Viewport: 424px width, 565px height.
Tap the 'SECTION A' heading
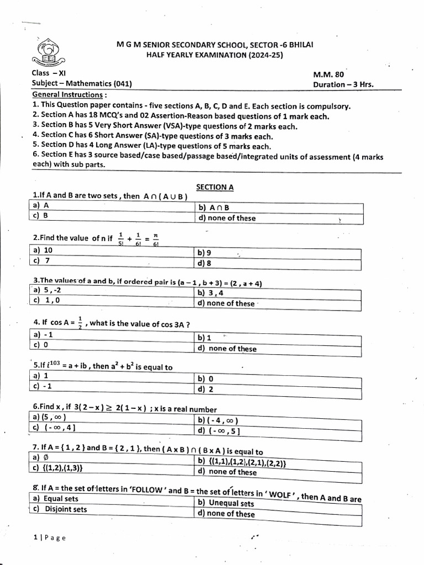click(215, 187)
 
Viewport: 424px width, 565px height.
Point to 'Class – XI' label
click(49, 73)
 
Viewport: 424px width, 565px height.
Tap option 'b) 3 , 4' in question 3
click(211, 293)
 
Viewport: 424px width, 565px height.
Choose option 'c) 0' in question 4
click(41, 345)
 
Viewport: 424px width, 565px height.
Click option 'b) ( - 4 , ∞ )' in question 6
click(218, 420)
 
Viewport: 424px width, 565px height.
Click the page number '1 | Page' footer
click(49, 538)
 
